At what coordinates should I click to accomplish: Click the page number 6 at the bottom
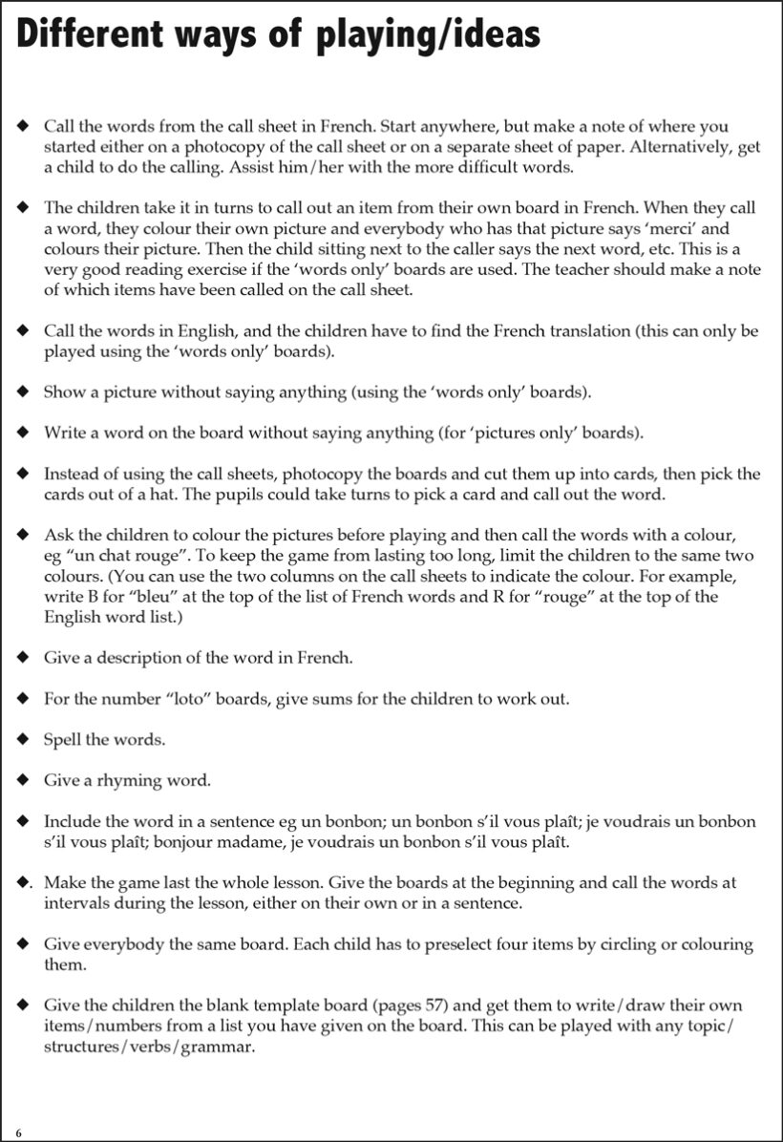tap(18, 1132)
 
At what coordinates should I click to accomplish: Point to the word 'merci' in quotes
tap(680, 229)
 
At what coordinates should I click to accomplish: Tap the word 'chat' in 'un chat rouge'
tap(117, 555)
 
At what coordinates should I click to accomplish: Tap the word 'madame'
tap(273, 842)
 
